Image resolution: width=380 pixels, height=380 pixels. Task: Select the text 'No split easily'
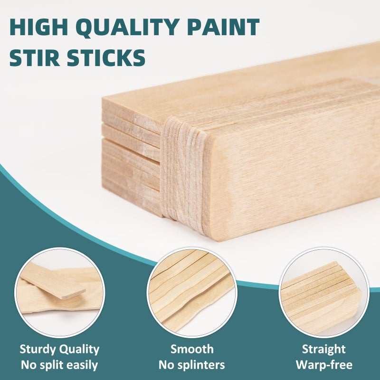point(59,365)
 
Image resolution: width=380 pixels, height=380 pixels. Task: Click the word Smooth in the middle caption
point(192,350)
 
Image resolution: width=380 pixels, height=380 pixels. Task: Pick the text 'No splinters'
point(192,365)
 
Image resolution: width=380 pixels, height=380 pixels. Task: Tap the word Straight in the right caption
point(324,350)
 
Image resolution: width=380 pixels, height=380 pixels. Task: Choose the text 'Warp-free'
point(324,365)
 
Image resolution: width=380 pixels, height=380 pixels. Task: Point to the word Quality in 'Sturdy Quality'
point(80,350)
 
